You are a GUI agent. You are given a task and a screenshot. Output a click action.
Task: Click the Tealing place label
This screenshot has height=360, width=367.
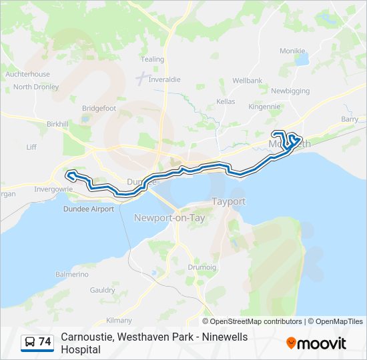click(x=153, y=59)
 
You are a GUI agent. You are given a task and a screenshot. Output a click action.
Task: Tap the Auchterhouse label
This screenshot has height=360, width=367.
click(x=27, y=74)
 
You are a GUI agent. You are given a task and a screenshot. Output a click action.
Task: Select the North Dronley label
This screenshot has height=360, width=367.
click(x=36, y=87)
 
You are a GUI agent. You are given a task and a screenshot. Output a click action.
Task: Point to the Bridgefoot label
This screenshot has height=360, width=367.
click(x=99, y=108)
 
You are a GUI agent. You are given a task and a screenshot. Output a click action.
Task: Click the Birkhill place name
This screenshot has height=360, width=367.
click(x=58, y=124)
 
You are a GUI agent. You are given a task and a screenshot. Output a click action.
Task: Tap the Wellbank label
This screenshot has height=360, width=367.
click(x=247, y=81)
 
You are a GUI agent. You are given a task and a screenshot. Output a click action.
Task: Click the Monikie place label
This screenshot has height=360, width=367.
click(x=292, y=51)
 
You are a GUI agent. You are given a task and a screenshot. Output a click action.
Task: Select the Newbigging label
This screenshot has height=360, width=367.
click(x=290, y=91)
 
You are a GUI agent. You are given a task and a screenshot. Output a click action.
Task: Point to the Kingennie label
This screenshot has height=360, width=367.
click(x=264, y=106)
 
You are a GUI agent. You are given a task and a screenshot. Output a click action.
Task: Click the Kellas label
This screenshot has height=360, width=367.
click(x=226, y=101)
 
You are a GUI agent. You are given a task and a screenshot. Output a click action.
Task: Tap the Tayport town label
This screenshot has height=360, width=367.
click(x=228, y=201)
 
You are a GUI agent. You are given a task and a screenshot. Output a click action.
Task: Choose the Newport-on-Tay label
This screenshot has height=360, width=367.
click(x=169, y=218)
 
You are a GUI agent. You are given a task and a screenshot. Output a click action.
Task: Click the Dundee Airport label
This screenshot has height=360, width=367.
click(x=88, y=209)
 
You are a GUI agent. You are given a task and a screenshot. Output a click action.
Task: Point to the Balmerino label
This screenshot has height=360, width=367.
click(x=71, y=274)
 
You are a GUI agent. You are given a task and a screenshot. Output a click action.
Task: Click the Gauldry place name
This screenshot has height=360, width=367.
click(x=103, y=290)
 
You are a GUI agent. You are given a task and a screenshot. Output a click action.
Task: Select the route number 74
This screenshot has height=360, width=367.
click(x=45, y=342)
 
